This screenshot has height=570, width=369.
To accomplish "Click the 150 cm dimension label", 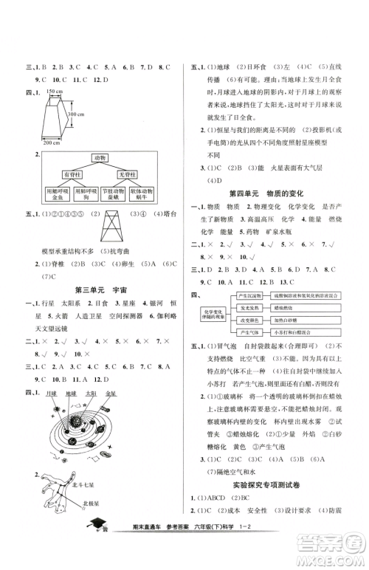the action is coord(53,90).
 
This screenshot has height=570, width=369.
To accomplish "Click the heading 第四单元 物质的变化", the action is coord(268,193).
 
